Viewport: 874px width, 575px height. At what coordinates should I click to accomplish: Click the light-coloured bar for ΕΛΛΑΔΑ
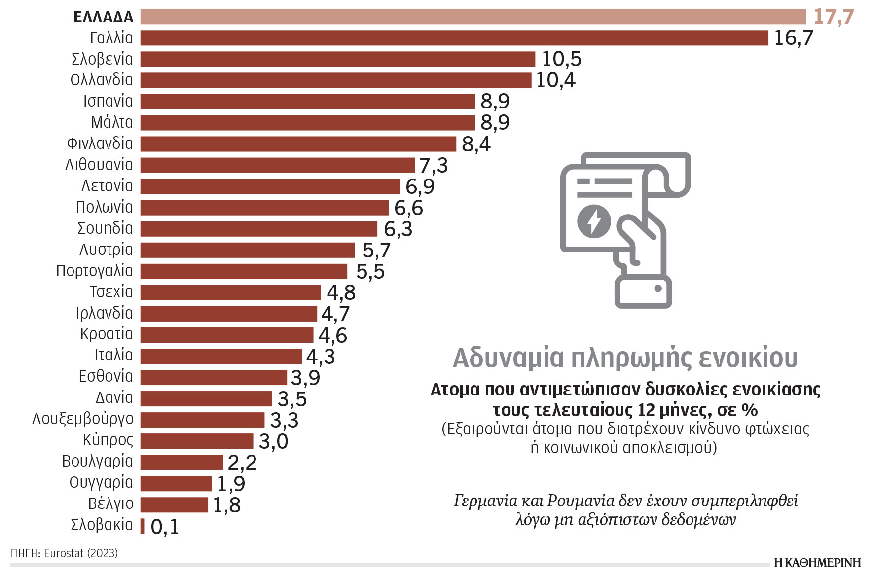point(473,17)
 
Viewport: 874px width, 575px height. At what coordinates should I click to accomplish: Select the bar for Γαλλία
point(454,38)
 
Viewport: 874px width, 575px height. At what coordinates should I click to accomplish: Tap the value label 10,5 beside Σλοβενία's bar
point(561,59)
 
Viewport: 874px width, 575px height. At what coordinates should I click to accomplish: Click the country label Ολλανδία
point(102,80)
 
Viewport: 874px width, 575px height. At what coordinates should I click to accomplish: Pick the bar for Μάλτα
point(307,123)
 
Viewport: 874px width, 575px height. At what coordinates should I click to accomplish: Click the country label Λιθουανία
point(99,165)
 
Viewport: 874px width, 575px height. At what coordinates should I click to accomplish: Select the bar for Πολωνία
point(264,208)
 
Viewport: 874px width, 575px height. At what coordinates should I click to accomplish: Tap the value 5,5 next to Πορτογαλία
point(370,272)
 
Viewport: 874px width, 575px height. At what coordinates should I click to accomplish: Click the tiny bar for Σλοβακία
point(143,526)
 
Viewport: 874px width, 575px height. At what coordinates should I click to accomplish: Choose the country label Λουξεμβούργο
point(82,419)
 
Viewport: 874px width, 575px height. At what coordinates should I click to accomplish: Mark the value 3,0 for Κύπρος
point(273,441)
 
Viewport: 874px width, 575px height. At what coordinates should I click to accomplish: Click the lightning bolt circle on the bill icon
point(594,220)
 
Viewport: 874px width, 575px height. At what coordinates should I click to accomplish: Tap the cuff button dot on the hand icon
point(657,288)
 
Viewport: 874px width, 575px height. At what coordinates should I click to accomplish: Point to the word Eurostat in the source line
point(64,553)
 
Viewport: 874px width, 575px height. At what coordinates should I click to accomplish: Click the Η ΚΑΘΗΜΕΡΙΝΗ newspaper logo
point(817,563)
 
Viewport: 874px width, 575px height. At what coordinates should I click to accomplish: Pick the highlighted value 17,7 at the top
point(833,17)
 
